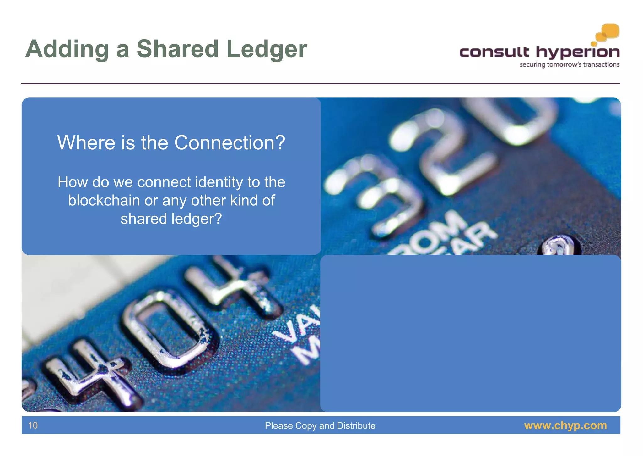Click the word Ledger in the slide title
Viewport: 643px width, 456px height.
266,49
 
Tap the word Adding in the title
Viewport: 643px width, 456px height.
67,49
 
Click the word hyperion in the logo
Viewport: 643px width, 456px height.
578,53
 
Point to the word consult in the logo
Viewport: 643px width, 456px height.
494,52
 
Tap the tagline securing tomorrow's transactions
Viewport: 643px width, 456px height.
570,65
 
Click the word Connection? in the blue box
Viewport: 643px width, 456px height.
230,143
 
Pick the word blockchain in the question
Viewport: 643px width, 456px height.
104,201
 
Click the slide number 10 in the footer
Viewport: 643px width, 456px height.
33,425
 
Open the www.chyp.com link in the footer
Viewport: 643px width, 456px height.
565,425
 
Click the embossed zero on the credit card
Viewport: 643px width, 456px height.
166,327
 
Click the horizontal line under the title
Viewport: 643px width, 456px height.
320,84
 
